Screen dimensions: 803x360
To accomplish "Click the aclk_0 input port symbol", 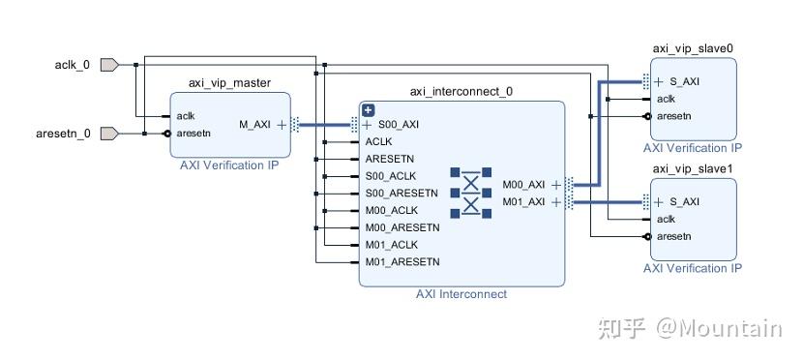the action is tap(109, 65).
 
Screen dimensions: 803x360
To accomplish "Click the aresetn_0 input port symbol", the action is tap(109, 134).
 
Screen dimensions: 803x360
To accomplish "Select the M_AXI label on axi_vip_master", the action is tap(254, 125).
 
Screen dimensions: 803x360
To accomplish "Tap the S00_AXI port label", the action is tap(399, 125).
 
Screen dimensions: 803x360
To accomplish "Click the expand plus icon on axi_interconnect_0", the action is tap(368, 110).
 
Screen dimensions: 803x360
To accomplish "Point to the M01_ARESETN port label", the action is tap(402, 261).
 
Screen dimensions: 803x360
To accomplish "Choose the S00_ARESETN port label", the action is tap(401, 193).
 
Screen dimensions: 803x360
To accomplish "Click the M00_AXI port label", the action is tap(523, 184).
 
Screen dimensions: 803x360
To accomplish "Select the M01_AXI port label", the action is tap(523, 201).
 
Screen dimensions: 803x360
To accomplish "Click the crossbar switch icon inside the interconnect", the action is tap(470, 193).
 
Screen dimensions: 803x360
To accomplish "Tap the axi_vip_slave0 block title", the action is tap(693, 48).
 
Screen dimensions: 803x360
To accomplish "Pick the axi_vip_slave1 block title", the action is tap(693, 169).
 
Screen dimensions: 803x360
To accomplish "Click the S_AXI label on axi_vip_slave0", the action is tap(684, 81).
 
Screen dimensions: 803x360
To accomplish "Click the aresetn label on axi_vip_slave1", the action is tap(674, 236).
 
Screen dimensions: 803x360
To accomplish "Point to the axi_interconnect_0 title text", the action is tap(461, 92).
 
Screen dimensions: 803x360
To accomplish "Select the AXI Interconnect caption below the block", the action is tap(461, 294).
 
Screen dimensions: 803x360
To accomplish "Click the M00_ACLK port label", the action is tap(392, 210).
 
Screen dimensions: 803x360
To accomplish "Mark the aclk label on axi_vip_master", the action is tap(186, 116).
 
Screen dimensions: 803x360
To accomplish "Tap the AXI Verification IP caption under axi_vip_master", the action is tap(229, 165).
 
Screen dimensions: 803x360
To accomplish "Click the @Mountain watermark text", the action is tap(720, 328).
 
